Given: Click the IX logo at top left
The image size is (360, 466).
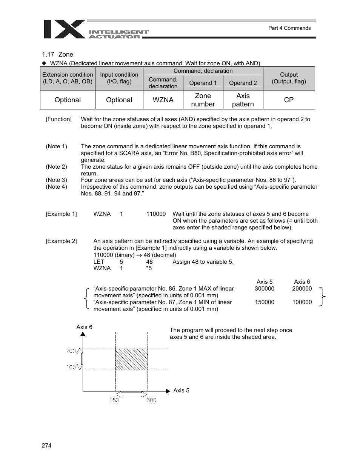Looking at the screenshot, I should [64, 29].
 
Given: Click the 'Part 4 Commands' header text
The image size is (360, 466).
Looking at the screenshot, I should [289, 28].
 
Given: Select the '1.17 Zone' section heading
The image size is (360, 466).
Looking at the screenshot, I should [58, 54].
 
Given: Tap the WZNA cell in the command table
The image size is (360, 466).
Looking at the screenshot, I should [163, 100].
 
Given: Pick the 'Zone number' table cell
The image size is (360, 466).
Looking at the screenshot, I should [203, 100].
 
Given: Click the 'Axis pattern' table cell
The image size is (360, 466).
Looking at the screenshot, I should [243, 100].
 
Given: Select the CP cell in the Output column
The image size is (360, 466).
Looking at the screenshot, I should [289, 100].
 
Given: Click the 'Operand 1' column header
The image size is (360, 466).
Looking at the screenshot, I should [203, 83].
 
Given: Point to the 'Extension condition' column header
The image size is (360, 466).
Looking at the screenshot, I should [68, 78].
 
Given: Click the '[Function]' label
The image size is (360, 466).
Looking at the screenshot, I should [58, 119].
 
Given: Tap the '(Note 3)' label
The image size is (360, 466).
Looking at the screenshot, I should [56, 180].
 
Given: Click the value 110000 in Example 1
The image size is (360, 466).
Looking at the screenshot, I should [156, 214].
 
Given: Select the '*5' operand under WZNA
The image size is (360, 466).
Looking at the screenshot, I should [149, 268].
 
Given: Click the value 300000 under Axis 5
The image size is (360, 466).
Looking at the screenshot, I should [264, 289].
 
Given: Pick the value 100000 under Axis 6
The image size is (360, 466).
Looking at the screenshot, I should [302, 302].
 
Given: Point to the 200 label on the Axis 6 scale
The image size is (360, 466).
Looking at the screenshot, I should [71, 351].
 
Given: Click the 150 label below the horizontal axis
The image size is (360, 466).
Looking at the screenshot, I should [114, 400].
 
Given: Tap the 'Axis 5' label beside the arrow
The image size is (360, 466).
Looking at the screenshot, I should [181, 391].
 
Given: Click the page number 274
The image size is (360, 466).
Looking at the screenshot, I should [46, 446].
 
